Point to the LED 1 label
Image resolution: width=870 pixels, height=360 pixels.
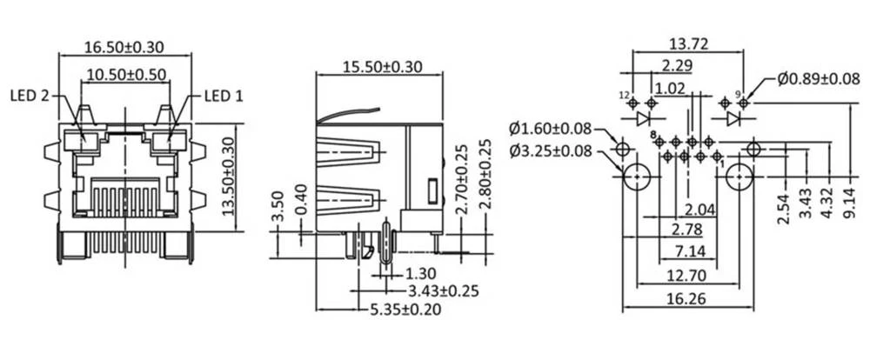pos(224,97)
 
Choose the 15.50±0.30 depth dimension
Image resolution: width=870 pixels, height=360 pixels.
pos(381,66)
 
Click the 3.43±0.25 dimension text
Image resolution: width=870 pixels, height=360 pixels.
pos(443,291)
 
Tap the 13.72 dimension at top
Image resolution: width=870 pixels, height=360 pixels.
pos(686,43)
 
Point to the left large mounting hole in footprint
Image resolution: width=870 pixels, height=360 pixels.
pos(638,177)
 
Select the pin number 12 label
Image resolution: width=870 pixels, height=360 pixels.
pos(624,94)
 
